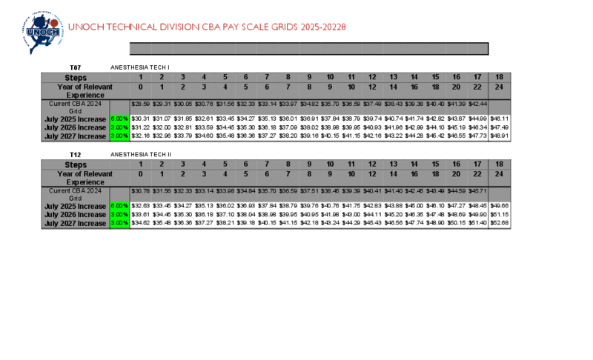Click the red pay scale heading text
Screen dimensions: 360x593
tap(207, 27)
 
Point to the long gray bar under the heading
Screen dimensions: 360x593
tap(308, 49)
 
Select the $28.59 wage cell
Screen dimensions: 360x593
tap(140, 104)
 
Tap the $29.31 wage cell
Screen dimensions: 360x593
tap(162, 104)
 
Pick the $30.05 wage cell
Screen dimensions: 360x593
tap(182, 104)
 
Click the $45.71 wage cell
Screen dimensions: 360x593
tap(478, 191)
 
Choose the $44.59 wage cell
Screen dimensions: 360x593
tap(457, 191)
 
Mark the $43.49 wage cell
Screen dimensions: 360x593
tap(436, 191)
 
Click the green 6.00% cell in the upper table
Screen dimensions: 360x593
tap(119, 119)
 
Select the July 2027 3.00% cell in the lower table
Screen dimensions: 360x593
tap(119, 223)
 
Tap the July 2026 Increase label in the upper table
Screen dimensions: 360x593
tap(76, 127)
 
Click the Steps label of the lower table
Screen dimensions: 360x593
tap(76, 164)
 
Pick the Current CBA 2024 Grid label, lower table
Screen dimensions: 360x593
tap(76, 194)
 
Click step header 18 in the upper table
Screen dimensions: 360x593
tap(500, 77)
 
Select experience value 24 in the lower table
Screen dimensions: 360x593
tap(500, 174)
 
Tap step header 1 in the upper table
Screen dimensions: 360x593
tap(140, 77)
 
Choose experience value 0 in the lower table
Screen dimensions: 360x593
tap(140, 174)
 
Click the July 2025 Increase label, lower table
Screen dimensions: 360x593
tap(76, 206)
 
